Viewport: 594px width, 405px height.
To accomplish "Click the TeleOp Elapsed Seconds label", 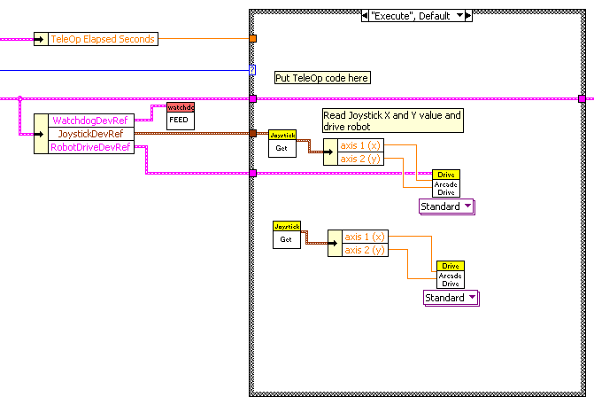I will click(103, 39).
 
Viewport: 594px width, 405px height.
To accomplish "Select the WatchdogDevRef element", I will click(90, 120).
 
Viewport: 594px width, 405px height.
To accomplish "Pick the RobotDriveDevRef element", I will click(90, 147).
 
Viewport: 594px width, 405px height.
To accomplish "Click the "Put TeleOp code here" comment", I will click(322, 78).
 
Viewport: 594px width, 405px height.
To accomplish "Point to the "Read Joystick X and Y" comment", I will click(391, 121).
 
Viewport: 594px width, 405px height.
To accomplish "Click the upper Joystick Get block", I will click(282, 144).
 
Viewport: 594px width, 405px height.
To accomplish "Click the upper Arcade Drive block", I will click(447, 183).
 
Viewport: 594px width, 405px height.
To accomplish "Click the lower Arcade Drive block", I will click(451, 275).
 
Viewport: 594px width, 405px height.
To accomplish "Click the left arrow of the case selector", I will click(366, 16).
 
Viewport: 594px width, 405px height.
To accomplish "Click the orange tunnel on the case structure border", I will click(254, 39).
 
